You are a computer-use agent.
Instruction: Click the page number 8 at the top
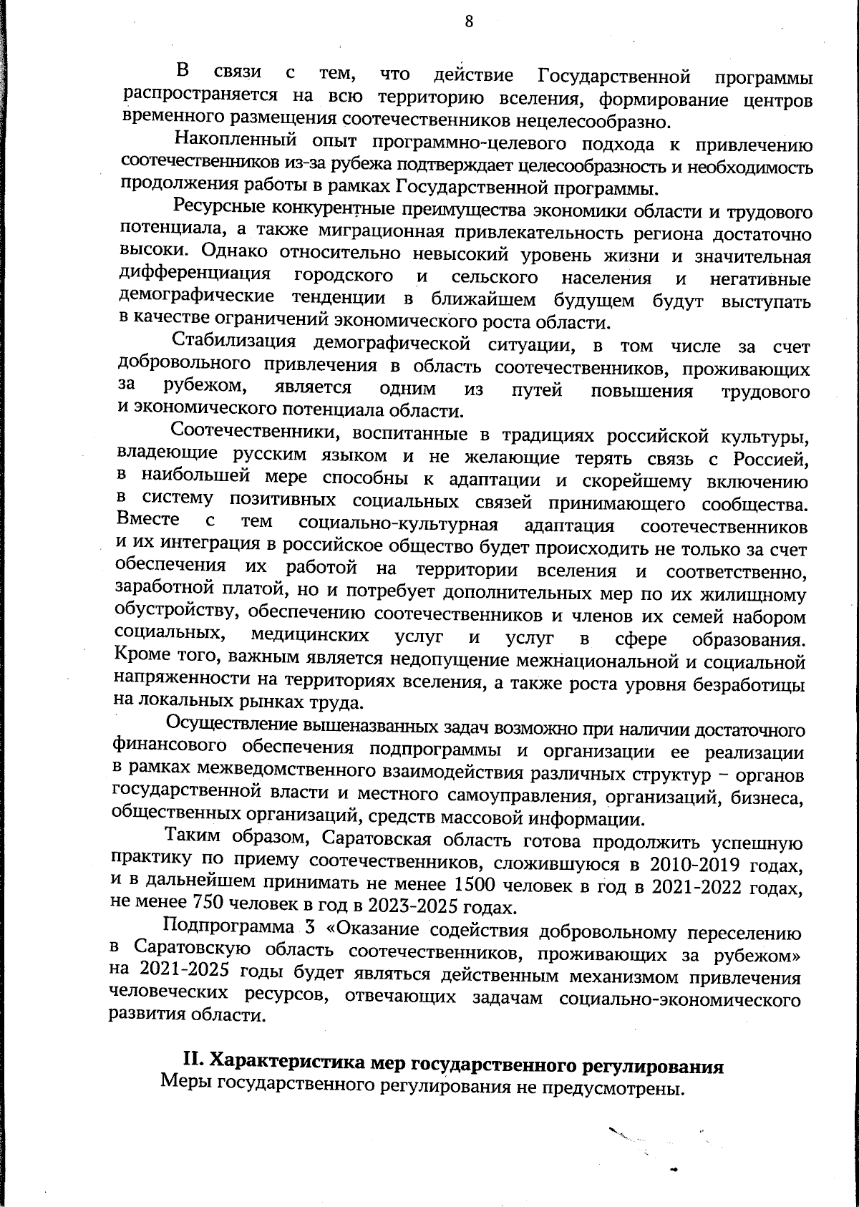click(x=468, y=21)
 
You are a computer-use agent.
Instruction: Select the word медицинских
click(x=310, y=636)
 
